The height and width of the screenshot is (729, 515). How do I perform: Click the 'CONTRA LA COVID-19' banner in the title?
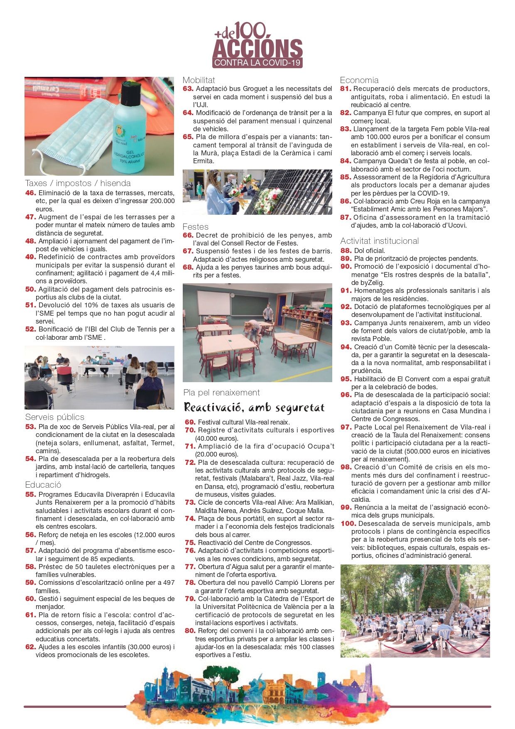(257, 63)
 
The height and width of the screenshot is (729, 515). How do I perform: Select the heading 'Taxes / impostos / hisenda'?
(78, 183)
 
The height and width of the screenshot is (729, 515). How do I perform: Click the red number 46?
(31, 193)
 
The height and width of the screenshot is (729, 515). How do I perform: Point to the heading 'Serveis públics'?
(54, 417)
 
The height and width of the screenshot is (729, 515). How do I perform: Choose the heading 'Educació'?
(43, 485)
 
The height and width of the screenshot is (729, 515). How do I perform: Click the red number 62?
(31, 647)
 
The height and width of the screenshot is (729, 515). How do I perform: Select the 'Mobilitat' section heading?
(199, 80)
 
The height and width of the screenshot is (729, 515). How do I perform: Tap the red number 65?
(188, 137)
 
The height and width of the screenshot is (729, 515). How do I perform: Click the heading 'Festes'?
(196, 227)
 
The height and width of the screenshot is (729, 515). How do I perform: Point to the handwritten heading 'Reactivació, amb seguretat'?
(254, 407)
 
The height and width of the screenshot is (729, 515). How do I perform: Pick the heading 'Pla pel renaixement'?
(221, 393)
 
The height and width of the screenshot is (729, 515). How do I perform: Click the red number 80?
(190, 631)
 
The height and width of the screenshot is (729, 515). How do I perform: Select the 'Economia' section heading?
(359, 80)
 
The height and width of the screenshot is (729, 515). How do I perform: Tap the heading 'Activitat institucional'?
(380, 241)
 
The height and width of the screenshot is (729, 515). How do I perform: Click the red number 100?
(348, 523)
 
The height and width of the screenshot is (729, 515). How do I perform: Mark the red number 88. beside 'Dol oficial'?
(346, 250)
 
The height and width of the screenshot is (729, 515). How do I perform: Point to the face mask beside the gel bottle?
(75, 133)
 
